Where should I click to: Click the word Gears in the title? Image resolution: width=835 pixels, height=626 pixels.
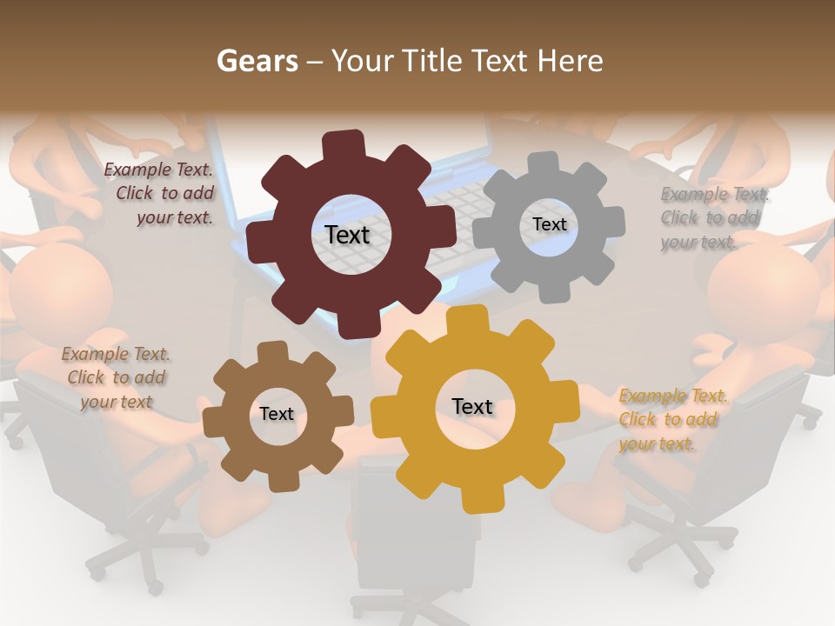coord(257,62)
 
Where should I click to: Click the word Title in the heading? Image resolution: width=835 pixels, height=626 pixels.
coord(432,62)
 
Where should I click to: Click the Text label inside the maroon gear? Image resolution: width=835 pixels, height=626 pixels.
coord(347,235)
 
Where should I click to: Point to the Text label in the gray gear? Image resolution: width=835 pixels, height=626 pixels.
coord(549,224)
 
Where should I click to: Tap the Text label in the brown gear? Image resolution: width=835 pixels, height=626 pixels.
coord(277,414)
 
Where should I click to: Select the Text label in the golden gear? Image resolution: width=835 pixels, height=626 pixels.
coord(472,406)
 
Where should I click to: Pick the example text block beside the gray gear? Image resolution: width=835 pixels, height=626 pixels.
coord(713,218)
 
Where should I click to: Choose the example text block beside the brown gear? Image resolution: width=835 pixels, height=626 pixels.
coord(117,378)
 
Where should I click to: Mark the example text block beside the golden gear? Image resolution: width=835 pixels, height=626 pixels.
coord(671,420)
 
